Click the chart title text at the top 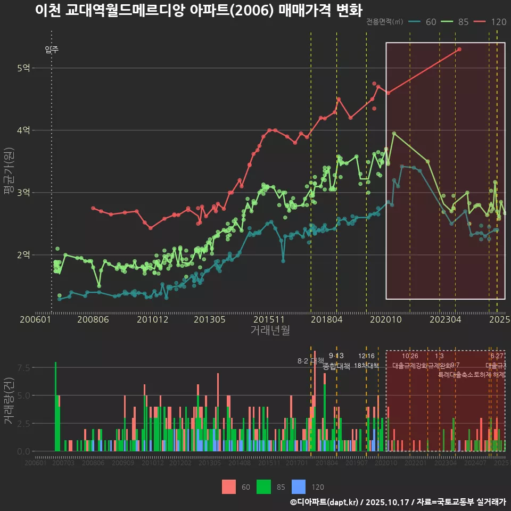coord(198,11)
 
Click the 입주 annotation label coord(52,50)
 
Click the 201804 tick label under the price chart coord(326,320)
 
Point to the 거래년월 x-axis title coord(270,331)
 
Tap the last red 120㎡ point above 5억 coord(459,49)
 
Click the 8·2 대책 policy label coord(310,361)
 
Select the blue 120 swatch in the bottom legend coord(299,487)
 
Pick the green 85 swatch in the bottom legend coord(264,487)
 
